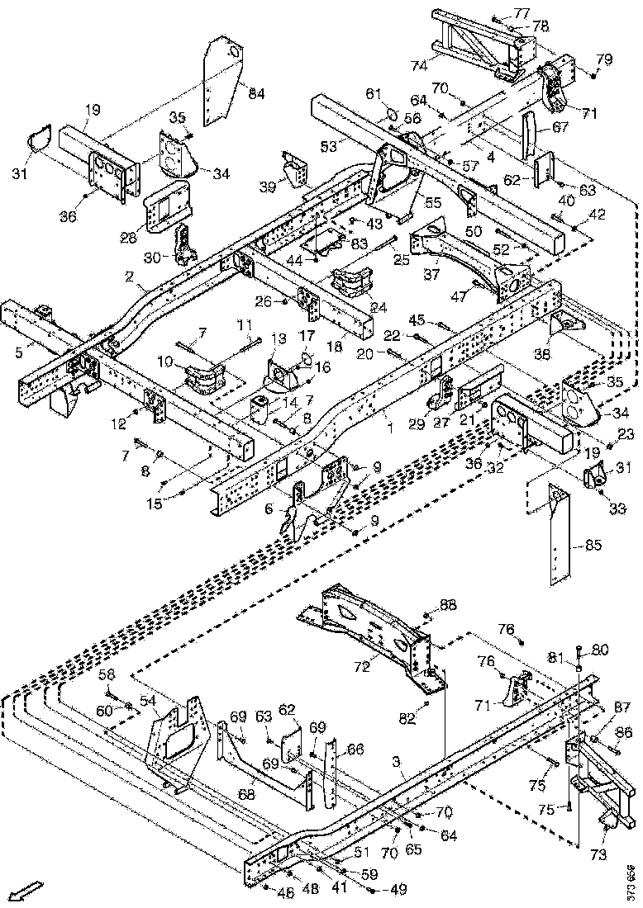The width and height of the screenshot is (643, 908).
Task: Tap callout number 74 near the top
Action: pos(419,65)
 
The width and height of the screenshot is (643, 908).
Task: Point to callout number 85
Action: pos(593,545)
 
